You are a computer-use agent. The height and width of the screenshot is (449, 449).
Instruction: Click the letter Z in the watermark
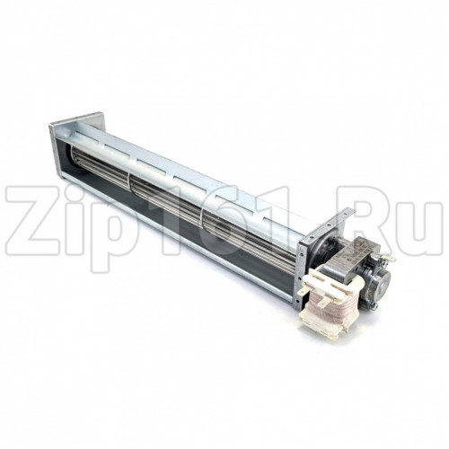click(32, 220)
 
